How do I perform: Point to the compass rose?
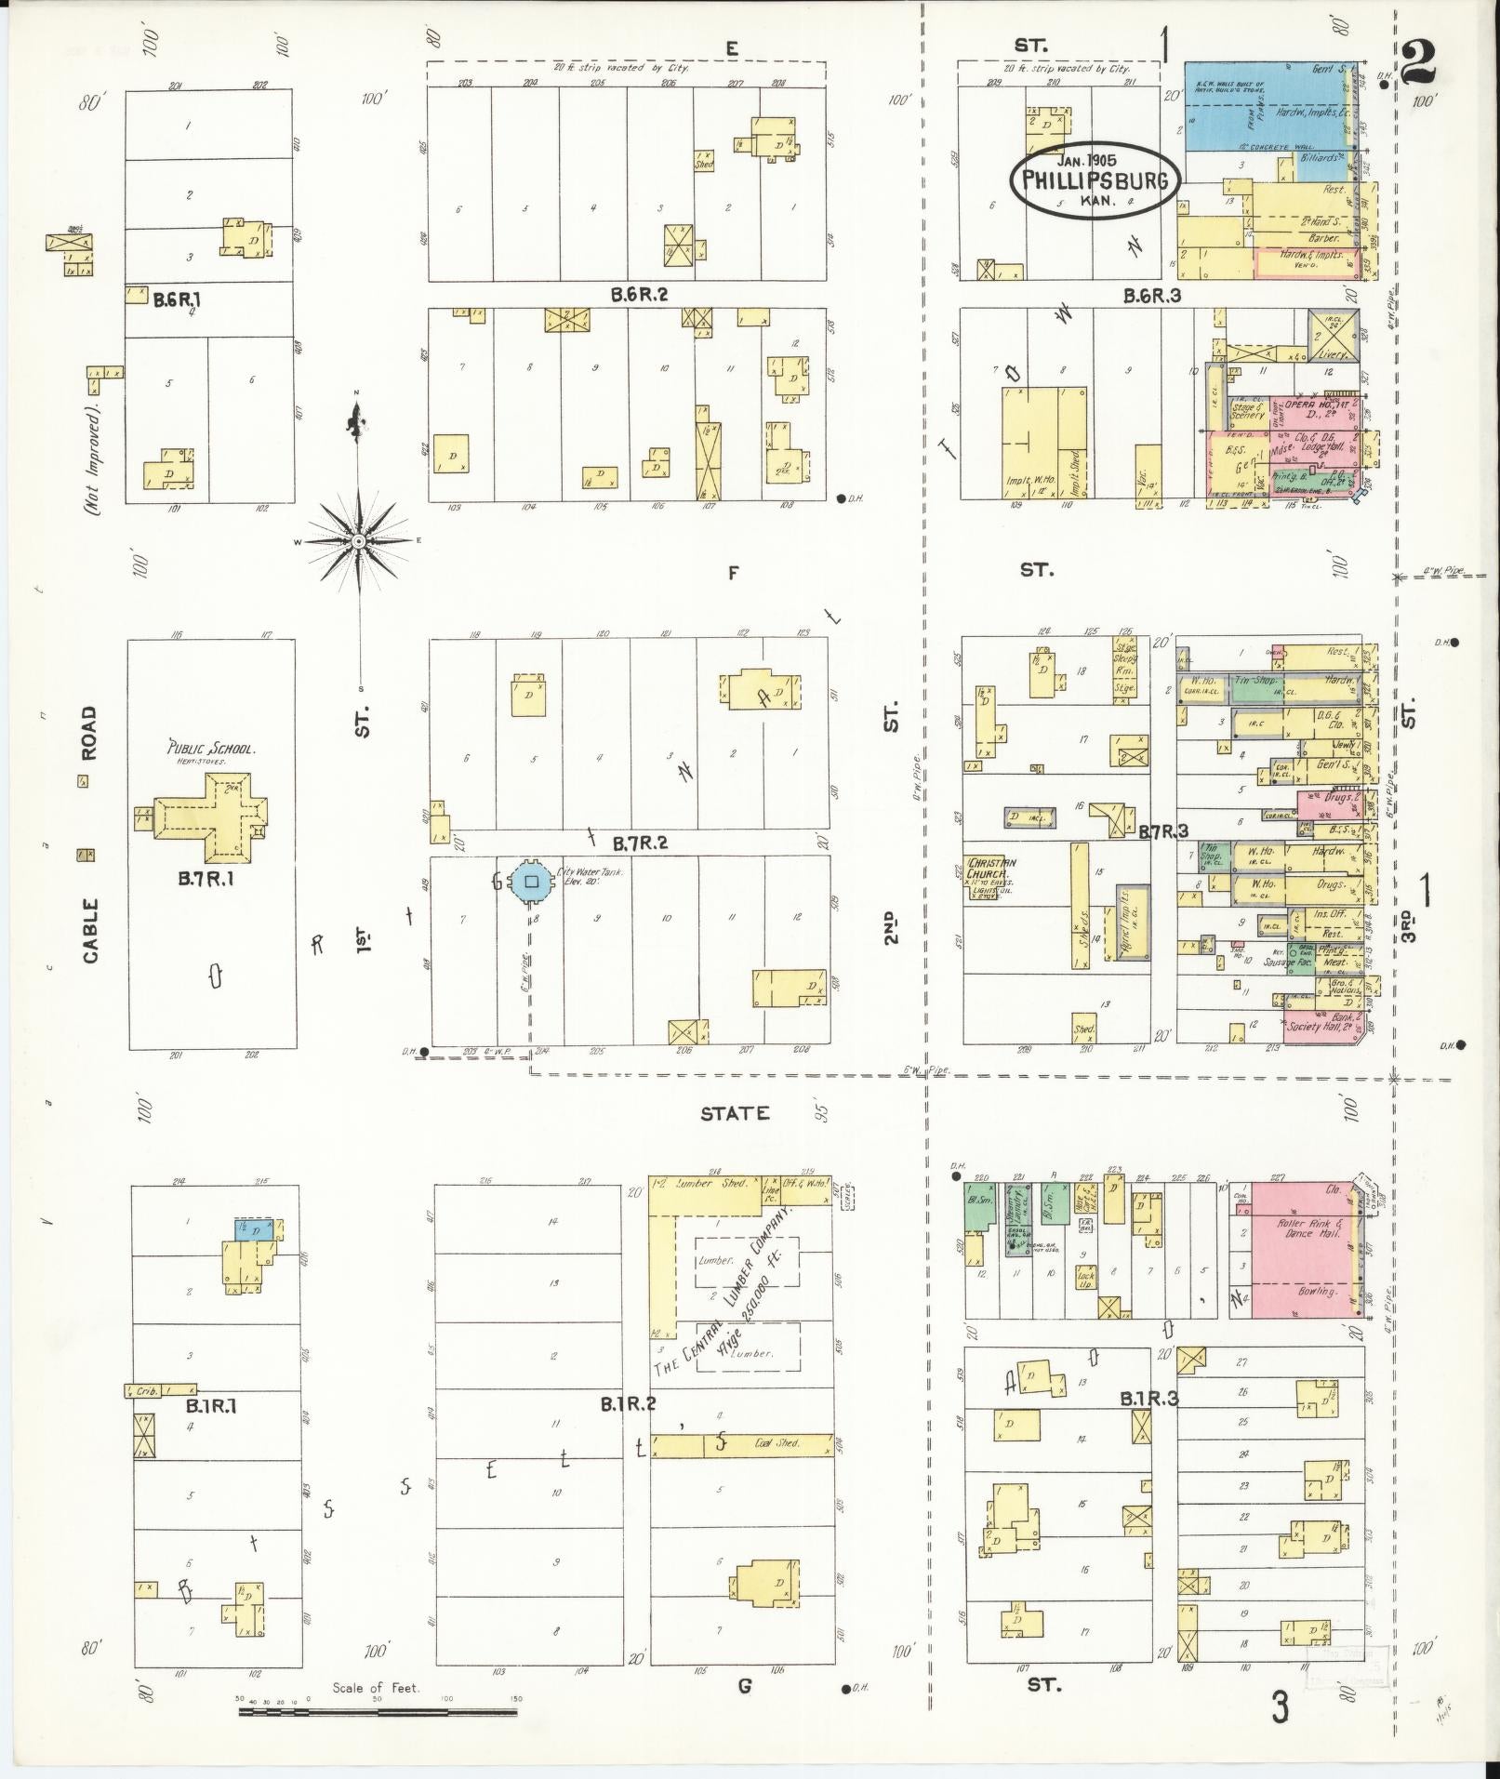[x=358, y=541]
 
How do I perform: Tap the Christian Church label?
[x=990, y=869]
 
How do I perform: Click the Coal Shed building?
[x=741, y=1471]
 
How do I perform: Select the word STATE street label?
[x=735, y=1113]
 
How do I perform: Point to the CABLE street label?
[x=90, y=931]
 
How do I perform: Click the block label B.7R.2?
[x=640, y=843]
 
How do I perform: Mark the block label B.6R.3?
[x=1152, y=297]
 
